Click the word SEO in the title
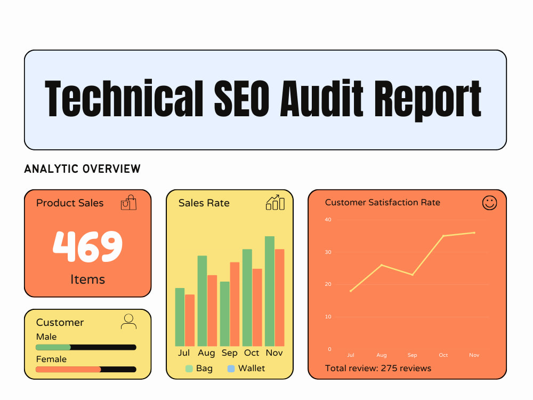241,99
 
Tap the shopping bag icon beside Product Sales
128,203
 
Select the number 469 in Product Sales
87,246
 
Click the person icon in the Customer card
128,322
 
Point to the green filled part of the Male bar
53,347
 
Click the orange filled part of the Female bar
68,370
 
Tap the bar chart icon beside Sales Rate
275,203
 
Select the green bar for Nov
270,291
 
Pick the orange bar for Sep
235,304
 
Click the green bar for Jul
180,317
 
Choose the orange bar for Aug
212,310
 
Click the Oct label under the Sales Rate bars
252,353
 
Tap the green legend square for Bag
189,369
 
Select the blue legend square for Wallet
231,369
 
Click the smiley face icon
489,203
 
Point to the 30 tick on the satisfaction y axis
328,252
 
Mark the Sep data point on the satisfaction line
413,275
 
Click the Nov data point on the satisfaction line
474,233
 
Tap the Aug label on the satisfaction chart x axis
382,355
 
